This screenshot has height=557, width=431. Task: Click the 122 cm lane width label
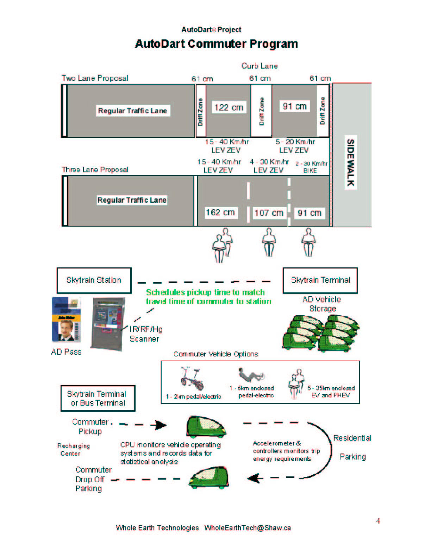click(229, 107)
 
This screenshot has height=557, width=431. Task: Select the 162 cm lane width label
click(220, 213)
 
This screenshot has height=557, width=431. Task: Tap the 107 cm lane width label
click(269, 213)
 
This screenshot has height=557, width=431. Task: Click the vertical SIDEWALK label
click(350, 162)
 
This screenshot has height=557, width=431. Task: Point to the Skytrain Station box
click(94, 280)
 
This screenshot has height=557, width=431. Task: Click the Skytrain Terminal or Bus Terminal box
click(98, 398)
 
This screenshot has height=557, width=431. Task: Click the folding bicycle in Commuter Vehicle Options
click(192, 379)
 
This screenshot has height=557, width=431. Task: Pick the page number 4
click(378, 521)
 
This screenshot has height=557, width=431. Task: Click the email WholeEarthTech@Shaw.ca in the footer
click(248, 528)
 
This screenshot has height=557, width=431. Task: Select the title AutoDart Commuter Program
click(216, 44)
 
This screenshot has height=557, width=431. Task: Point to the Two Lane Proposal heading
click(95, 78)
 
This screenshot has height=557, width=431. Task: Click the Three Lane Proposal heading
click(95, 170)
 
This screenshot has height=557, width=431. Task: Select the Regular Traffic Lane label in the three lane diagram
click(132, 200)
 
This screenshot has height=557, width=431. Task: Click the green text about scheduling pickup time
click(208, 297)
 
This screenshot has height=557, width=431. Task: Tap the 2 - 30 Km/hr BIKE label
click(311, 167)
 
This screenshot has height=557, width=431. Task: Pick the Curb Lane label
click(260, 66)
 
